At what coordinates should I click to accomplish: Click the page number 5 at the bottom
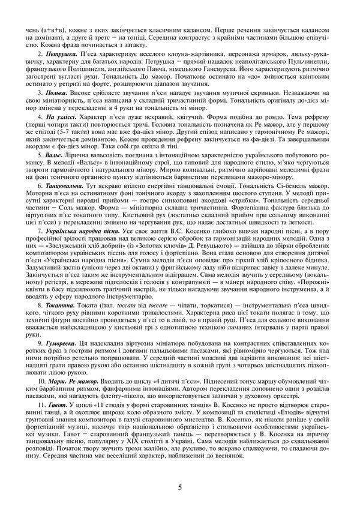pos(180,487)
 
